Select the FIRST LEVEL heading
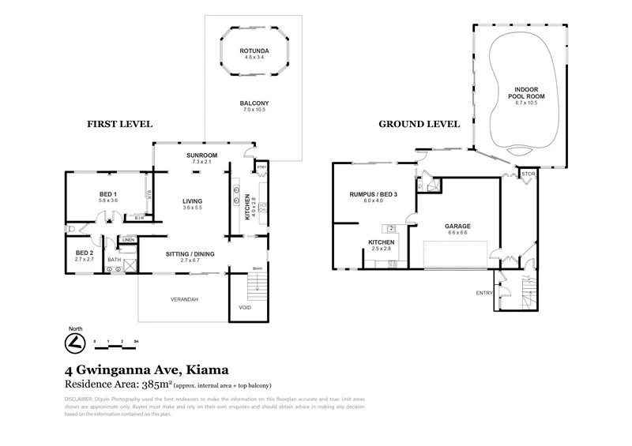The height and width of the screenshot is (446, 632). (x=119, y=124)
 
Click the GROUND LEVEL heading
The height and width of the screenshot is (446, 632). (x=419, y=124)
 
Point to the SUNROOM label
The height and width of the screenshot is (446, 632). (x=201, y=155)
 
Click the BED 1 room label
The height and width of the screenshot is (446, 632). (x=107, y=194)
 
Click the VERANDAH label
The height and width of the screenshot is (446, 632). (x=183, y=300)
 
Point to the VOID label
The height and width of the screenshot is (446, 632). (x=244, y=308)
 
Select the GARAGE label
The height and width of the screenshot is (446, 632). (x=458, y=226)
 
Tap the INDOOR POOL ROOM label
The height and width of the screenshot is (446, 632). (x=530, y=92)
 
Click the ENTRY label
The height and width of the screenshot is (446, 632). (x=483, y=293)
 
